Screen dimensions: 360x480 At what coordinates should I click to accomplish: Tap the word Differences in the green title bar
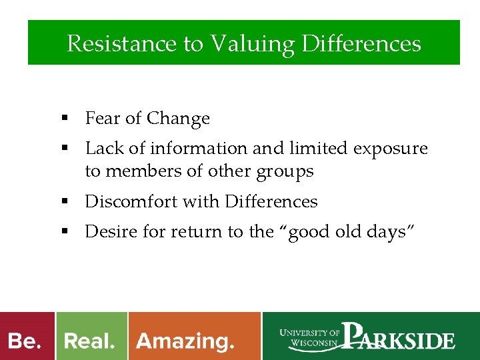361,44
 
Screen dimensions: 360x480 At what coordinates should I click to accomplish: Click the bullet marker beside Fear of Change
65,119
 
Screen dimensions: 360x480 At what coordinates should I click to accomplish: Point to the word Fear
103,119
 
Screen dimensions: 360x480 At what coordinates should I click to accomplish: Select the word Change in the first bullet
178,119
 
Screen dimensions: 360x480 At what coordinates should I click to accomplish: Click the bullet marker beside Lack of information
65,148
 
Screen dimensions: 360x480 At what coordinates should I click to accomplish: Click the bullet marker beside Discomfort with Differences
65,201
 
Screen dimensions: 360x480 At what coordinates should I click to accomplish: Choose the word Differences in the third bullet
271,201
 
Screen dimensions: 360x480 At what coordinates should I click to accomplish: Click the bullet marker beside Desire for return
65,231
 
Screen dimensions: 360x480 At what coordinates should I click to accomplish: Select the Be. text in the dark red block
25,341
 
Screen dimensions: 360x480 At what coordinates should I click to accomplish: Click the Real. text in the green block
89,341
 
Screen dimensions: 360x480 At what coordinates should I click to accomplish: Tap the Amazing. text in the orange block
185,342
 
